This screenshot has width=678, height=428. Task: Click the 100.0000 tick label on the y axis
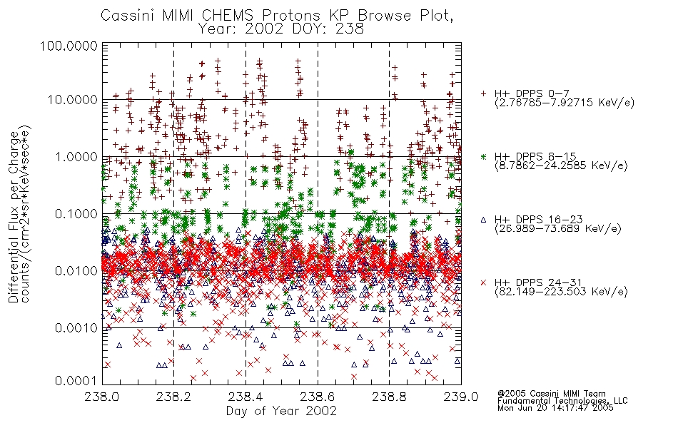point(69,46)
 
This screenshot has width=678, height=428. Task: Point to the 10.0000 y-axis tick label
point(73,100)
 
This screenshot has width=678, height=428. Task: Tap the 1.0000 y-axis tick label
point(76,157)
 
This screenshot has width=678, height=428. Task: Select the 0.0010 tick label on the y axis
point(76,328)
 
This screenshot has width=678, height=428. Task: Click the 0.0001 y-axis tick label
point(76,380)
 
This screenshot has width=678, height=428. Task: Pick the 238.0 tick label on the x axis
point(102,397)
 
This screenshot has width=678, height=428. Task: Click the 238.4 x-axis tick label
point(246,397)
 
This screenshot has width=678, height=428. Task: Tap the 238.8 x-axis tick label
point(389,397)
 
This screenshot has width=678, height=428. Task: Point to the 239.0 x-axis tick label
point(461,397)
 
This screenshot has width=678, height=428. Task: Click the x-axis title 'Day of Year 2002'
point(281,411)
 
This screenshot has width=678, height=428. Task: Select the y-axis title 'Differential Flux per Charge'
point(14,217)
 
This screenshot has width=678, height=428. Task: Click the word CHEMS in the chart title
point(228,15)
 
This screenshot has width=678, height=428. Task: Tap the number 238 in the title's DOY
point(348,29)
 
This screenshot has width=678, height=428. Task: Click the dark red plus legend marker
point(483,93)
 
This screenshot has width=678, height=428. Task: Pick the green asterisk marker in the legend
point(483,156)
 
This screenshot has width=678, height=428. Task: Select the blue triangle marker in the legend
point(483,220)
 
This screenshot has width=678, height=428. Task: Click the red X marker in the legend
point(483,282)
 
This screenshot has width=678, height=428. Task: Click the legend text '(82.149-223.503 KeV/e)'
point(561,291)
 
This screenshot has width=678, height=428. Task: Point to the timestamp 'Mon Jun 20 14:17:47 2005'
point(555,408)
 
